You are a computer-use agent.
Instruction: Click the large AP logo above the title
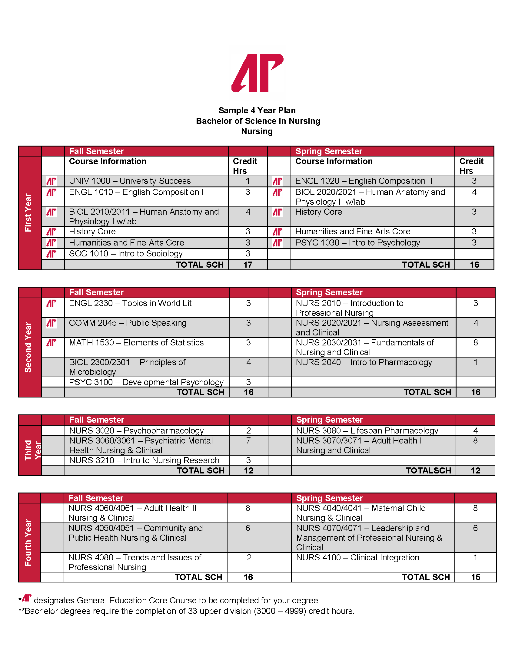[257, 73]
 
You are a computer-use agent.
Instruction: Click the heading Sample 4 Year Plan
[257, 110]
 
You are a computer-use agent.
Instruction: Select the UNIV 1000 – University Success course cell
[130, 181]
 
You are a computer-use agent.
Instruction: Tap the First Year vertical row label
[28, 213]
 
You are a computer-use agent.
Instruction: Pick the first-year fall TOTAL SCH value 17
[248, 265]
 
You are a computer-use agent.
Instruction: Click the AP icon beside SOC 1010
[51, 254]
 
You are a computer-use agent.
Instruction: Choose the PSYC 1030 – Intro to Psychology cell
[357, 243]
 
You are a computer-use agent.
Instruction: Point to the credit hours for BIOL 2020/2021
[474, 193]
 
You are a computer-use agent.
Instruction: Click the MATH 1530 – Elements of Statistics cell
[136, 343]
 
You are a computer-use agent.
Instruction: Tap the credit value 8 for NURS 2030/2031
[475, 343]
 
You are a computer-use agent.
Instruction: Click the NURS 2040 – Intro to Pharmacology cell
[364, 362]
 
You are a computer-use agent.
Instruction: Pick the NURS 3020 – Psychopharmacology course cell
[136, 430]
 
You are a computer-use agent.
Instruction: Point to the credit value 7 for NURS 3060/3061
[248, 441]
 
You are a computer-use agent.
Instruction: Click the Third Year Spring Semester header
[330, 420]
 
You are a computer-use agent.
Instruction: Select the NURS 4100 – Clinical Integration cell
[357, 557]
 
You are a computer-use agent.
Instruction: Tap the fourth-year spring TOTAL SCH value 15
[475, 577]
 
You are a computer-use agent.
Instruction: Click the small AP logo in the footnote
[27, 598]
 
